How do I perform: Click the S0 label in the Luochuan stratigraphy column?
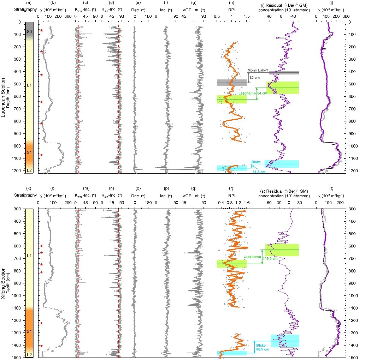click(30, 32)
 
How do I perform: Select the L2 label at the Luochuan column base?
click(30, 170)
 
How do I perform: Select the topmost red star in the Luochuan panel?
click(41, 31)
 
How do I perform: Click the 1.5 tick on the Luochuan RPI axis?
click(246, 16)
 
